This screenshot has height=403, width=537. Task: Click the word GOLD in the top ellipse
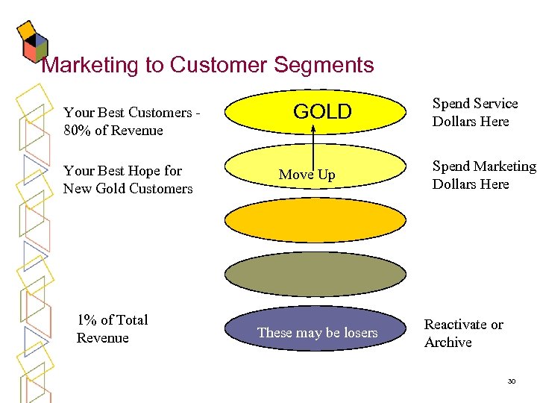tap(322, 112)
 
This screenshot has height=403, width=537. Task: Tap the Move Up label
tap(307, 175)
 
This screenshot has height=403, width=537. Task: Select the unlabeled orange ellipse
tap(317, 222)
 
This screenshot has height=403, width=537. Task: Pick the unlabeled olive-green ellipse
tap(317, 275)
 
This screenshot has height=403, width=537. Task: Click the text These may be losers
tap(317, 333)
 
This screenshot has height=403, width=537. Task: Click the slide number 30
tap(511, 381)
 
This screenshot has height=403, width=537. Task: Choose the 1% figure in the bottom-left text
tap(87, 320)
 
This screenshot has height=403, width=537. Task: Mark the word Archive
tap(447, 343)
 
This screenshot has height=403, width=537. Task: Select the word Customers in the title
tap(220, 66)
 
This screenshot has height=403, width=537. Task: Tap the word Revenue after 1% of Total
tap(102, 338)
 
